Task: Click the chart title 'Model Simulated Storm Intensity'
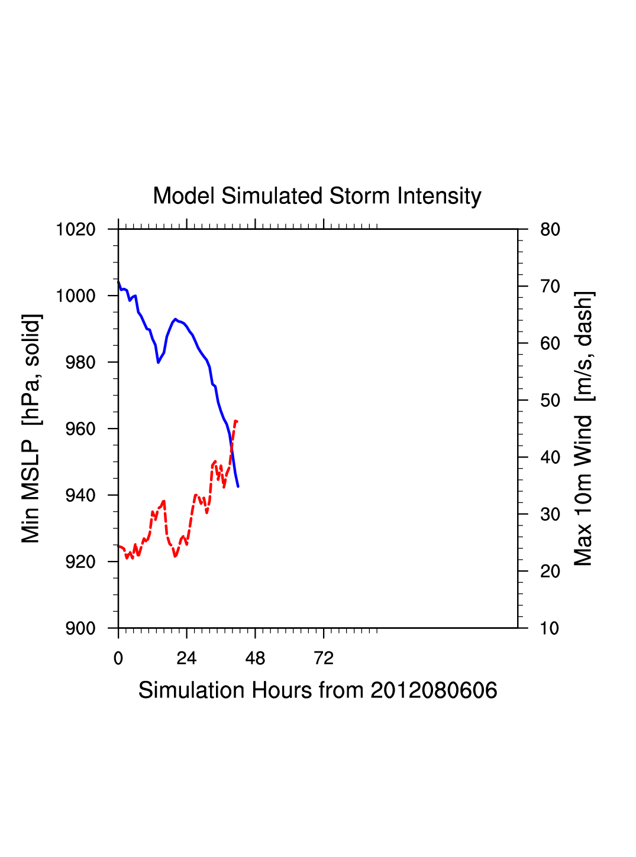(317, 196)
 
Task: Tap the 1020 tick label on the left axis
(76, 229)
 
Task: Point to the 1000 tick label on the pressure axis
(76, 296)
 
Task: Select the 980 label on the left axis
(80, 362)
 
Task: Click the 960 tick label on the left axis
(80, 428)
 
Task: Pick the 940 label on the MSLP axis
(80, 495)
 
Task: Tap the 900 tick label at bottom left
(80, 628)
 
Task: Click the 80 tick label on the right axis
(550, 229)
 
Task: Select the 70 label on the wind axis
(550, 287)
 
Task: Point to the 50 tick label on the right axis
(550, 401)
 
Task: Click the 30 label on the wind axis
(550, 515)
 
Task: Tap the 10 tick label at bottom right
(550, 628)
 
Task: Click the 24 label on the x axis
(186, 658)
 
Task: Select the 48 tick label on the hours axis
(255, 658)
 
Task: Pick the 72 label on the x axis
(324, 658)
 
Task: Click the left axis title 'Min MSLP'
(31, 428)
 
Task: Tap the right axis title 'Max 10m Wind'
(583, 428)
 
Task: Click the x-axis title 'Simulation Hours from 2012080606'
(318, 690)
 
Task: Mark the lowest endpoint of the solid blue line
(238, 486)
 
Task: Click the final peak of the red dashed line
(236, 421)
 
